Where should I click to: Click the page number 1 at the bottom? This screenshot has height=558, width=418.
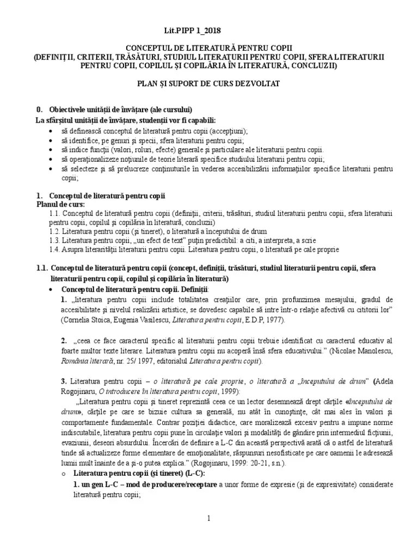click(208, 518)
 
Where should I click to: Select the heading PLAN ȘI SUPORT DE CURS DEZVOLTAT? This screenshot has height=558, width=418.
click(208, 84)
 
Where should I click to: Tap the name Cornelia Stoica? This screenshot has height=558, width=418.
click(86, 320)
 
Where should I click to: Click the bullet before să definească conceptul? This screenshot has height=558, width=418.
click(51, 131)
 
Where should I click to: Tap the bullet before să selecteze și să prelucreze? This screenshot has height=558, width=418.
click(51, 169)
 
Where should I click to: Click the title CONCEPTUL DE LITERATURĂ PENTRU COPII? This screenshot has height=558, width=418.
click(208, 48)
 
